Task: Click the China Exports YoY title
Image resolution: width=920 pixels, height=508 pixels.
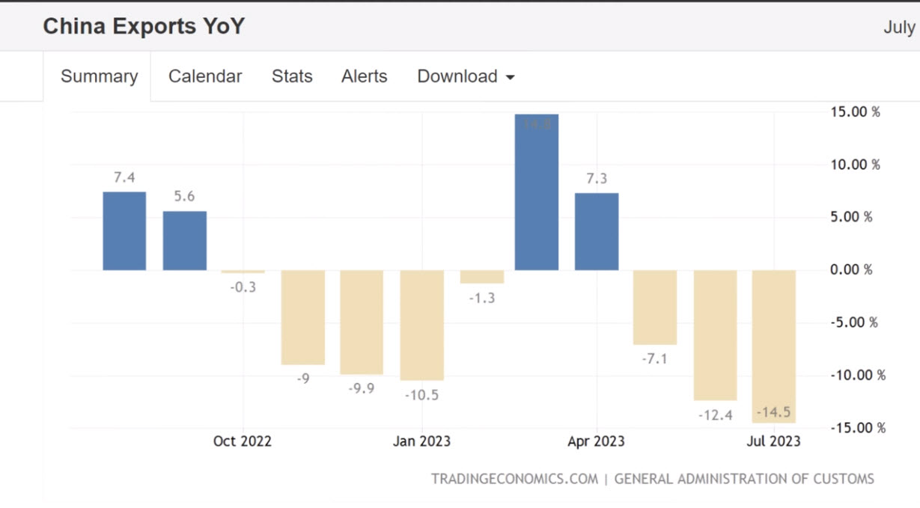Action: [144, 27]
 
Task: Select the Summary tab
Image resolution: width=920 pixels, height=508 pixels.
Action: [99, 76]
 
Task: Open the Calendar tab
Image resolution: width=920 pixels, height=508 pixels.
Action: [205, 76]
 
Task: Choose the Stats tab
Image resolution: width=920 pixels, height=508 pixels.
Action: [292, 76]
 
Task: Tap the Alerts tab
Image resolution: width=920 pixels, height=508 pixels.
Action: [365, 76]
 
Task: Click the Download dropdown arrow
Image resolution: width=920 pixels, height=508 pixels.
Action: [511, 77]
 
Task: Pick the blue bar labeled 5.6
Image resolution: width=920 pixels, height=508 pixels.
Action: [185, 240]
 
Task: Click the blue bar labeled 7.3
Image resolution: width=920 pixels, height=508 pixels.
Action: [597, 231]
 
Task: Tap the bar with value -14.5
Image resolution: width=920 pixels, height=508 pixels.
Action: [774, 346]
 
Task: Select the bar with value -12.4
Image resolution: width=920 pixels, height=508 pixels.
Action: [715, 334]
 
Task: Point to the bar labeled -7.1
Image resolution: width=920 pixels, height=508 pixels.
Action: [655, 307]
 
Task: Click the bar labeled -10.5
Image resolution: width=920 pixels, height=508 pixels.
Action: [421, 325]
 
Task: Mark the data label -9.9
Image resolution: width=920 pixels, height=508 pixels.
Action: [362, 389]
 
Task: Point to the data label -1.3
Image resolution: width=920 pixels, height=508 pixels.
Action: [482, 299]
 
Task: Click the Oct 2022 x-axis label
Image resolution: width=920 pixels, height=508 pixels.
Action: [243, 441]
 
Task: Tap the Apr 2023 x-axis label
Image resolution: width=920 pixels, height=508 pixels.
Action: [596, 441]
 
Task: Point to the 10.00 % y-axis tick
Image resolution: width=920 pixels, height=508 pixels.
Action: [855, 165]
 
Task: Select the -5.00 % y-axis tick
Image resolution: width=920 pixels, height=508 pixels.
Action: [853, 322]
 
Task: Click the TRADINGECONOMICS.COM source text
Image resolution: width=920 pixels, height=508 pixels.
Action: [514, 479]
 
